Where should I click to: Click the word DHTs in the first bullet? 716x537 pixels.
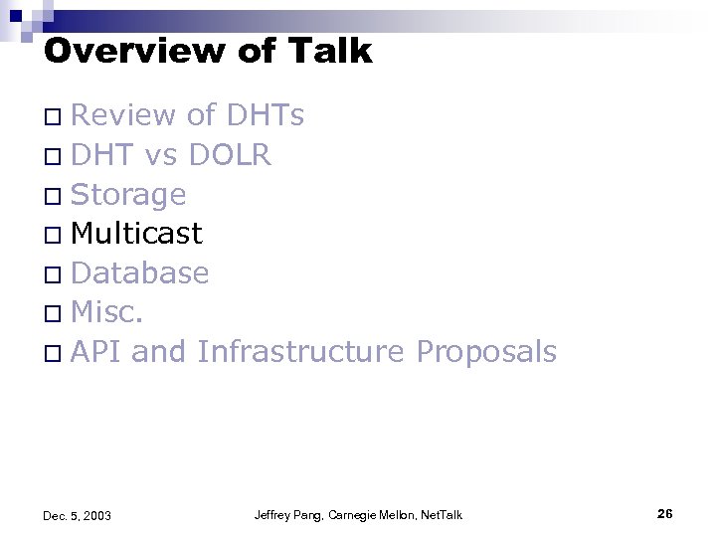click(266, 116)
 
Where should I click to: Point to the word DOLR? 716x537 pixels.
click(230, 155)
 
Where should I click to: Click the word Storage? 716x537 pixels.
click(128, 195)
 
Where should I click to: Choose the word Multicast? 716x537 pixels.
click(137, 234)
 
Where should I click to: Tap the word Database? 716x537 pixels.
click(140, 272)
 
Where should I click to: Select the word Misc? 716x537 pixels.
click(108, 312)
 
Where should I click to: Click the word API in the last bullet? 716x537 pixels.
click(95, 351)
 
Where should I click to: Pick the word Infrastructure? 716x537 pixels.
click(300, 351)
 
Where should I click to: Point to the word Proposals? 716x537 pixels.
click(486, 352)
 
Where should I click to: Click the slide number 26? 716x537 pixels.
click(665, 513)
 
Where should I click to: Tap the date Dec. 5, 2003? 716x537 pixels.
click(78, 515)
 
